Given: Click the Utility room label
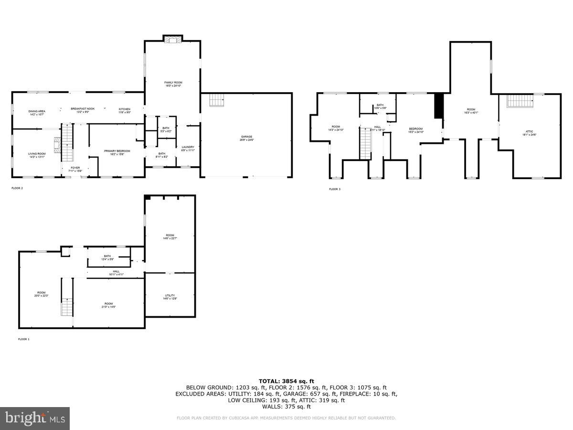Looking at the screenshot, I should pos(170,297).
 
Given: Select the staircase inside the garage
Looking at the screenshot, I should pos(217,100).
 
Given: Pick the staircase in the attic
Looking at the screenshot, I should pos(520,101).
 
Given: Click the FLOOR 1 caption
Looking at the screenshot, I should pos(24,339).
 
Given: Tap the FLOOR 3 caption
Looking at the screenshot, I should pos(335,189).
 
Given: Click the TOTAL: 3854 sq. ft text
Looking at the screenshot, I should pos(286,381).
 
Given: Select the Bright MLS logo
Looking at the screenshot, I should pos(35,419).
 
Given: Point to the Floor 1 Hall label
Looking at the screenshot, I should pos(116,273).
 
